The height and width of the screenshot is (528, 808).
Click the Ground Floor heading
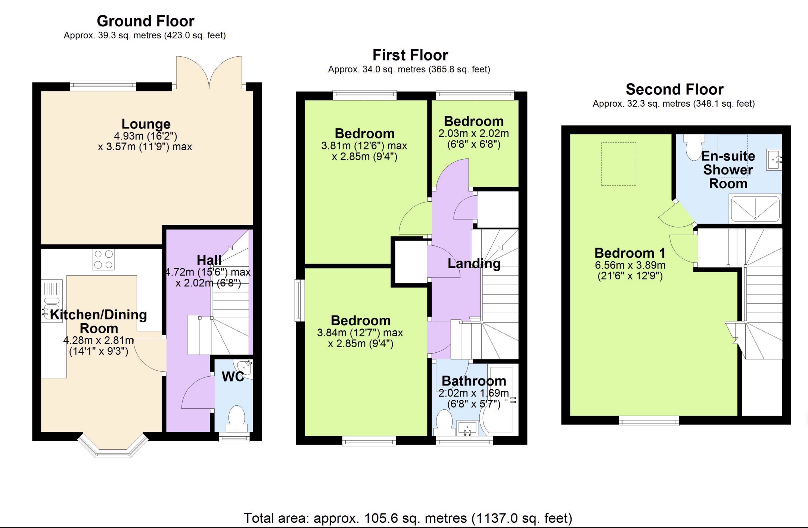point(145,21)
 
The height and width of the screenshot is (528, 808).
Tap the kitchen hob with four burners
point(103,260)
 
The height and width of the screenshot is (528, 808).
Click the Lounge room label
point(146,124)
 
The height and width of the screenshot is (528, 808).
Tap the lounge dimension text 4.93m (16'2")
point(145,136)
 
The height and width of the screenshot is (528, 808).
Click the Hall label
point(209,260)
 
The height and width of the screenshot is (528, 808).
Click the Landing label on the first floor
point(474,264)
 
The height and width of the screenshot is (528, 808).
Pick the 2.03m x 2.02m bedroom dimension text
point(473,133)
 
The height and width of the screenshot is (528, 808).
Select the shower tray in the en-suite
point(755,209)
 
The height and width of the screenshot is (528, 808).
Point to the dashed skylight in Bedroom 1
point(618,164)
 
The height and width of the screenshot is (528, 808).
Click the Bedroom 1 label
point(630,253)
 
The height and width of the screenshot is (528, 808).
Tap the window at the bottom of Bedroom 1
point(649,421)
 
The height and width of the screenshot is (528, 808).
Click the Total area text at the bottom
point(408,518)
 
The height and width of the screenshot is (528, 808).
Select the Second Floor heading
point(674,89)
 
